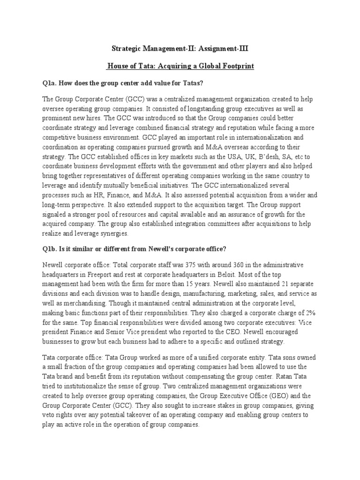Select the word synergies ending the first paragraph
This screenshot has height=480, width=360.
click(111, 233)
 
